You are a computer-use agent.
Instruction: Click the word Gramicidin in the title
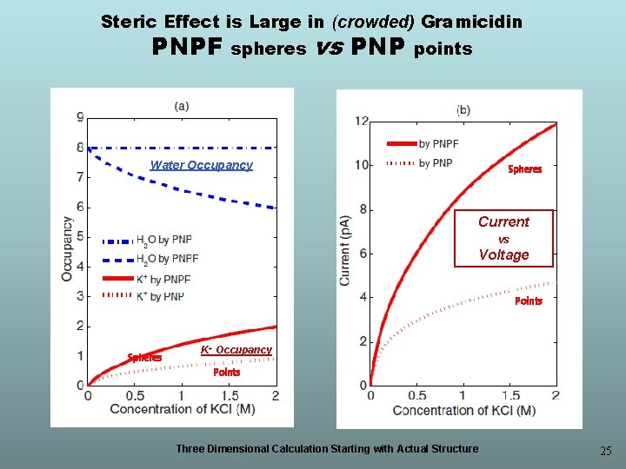pos(471,22)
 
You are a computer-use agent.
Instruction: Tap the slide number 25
pos(606,451)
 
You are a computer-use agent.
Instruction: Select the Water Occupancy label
pos(201,165)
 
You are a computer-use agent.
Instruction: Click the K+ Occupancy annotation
pos(236,350)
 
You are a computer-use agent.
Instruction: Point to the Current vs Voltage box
pos(503,238)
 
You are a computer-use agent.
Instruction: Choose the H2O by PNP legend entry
pos(147,241)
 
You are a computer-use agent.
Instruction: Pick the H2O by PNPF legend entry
pos(150,260)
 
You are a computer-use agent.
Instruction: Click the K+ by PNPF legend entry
pos(147,279)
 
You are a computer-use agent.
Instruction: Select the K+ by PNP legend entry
pos(143,296)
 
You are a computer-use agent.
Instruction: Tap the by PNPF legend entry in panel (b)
pos(423,143)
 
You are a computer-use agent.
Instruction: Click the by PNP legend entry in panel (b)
pos(419,163)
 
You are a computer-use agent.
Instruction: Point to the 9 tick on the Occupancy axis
pos(81,117)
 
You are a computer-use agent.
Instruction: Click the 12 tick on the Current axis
pos(362,121)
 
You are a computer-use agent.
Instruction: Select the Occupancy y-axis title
pos(67,249)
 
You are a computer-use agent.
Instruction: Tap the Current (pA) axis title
pos(344,251)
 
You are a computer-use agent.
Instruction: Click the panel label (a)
pos(182,106)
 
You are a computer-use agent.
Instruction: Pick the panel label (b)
pos(463,109)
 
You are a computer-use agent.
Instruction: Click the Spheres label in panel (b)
pos(524,169)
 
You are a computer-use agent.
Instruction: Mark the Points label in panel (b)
pos(529,301)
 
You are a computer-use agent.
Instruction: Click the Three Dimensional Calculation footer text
pos(327,449)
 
